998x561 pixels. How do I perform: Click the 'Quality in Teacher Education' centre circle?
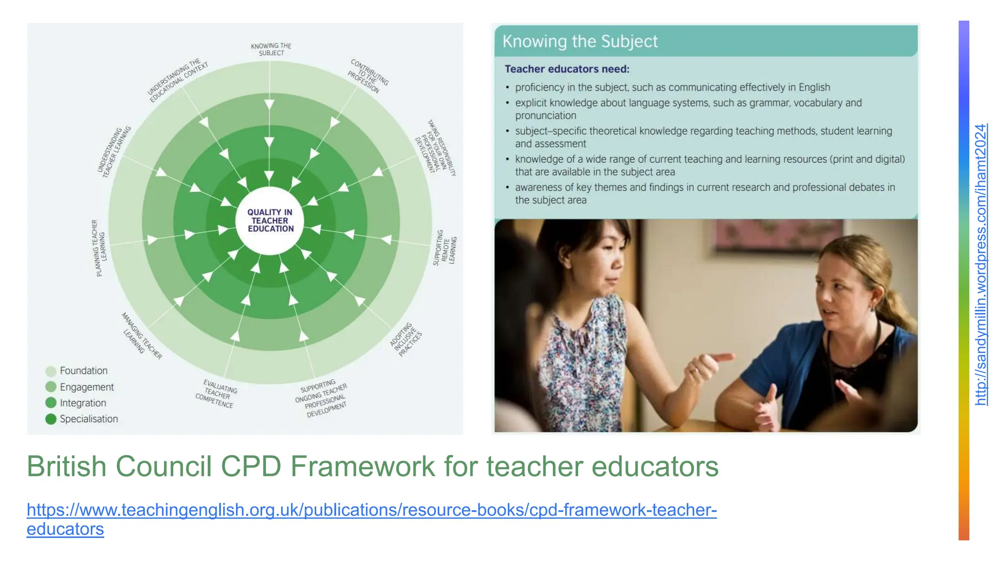click(x=270, y=221)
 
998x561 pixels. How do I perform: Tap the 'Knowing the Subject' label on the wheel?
click(x=271, y=49)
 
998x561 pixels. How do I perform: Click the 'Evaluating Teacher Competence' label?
click(x=216, y=393)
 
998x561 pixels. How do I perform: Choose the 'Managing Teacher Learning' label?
click(x=141, y=336)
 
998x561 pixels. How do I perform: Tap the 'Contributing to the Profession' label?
click(x=368, y=76)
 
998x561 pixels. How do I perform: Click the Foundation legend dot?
click(x=51, y=371)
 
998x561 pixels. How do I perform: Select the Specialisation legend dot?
click(x=51, y=419)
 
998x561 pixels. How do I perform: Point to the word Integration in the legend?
click(x=83, y=403)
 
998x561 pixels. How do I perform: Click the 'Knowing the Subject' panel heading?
click(x=580, y=41)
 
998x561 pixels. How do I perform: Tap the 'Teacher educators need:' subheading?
click(x=567, y=69)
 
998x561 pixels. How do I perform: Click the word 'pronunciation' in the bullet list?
click(x=545, y=115)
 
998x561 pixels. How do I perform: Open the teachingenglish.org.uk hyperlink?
click(x=371, y=510)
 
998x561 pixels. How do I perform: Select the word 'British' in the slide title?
click(x=67, y=466)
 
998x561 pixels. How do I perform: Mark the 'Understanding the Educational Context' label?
click(x=178, y=81)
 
